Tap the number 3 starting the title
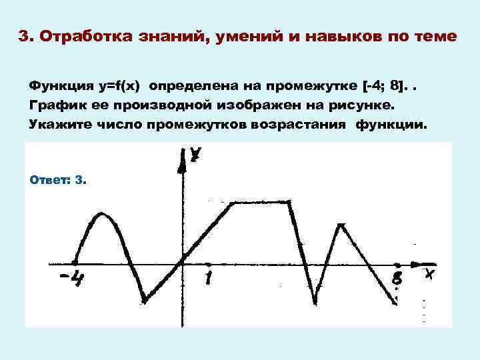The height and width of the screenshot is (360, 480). (x=23, y=36)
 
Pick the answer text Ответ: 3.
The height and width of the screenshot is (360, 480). (x=59, y=180)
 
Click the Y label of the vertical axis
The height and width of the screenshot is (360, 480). (x=195, y=155)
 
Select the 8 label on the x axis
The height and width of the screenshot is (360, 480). (x=397, y=277)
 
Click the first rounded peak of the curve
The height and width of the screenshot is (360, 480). (x=101, y=214)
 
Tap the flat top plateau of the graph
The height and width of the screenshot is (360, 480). (x=260, y=203)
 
